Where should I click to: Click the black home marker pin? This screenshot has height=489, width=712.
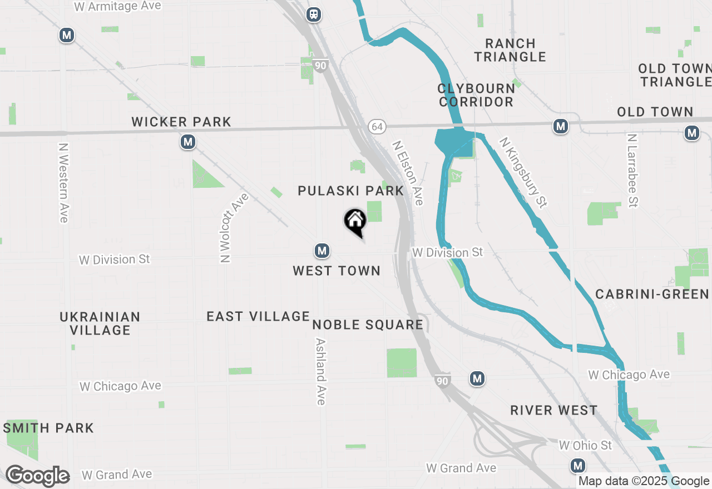point(355,221)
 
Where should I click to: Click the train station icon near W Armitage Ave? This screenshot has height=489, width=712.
point(314,14)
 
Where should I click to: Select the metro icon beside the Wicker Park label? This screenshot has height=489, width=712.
point(188,142)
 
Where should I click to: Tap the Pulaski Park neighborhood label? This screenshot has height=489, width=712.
point(350,191)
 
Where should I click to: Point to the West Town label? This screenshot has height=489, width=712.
point(337,271)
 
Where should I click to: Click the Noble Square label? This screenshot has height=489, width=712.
point(368,325)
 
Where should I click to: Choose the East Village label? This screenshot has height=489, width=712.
point(258,316)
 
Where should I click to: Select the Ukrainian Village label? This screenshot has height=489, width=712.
point(100,323)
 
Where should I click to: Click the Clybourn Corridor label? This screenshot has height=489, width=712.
point(476,95)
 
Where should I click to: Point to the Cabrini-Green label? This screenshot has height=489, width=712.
point(652,293)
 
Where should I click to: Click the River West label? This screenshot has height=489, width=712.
point(554,410)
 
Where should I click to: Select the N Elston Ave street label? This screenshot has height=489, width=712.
point(408,173)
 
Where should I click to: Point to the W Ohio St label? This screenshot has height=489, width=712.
point(585,445)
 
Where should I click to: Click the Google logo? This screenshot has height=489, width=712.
point(37,476)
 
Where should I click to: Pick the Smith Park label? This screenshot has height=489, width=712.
point(48,428)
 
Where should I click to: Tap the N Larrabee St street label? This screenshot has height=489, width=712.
point(632,170)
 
